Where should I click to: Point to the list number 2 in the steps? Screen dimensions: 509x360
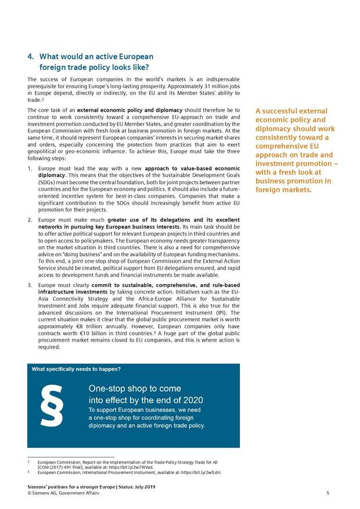click(30, 221)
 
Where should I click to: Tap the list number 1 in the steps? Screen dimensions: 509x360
click(30, 169)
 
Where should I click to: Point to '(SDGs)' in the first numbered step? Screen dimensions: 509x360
click(48, 182)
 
